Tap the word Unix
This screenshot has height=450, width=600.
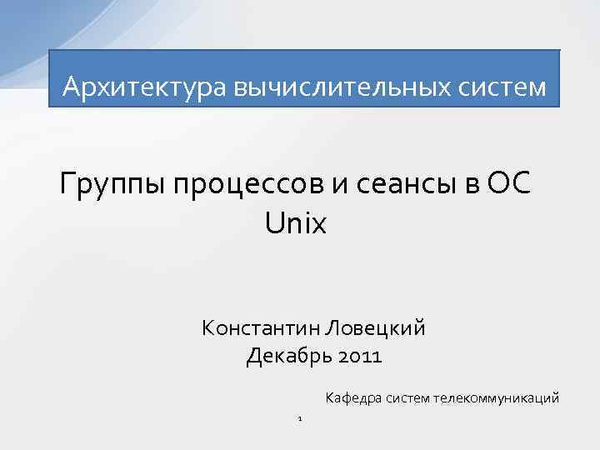(x=296, y=222)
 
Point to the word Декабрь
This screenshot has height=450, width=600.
(x=287, y=357)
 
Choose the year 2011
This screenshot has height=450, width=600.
(x=359, y=357)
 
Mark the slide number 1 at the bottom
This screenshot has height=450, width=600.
(x=299, y=417)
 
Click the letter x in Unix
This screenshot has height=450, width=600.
(x=319, y=222)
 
